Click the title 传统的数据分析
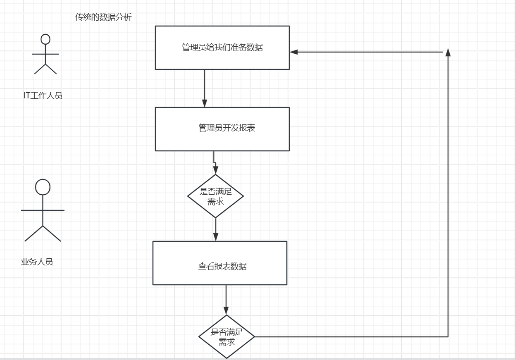click(103, 17)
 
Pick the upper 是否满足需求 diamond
click(215, 196)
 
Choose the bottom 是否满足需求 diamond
click(227, 336)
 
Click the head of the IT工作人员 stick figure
click(45, 39)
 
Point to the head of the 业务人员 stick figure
click(43, 187)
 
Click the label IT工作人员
click(43, 96)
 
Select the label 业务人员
click(37, 262)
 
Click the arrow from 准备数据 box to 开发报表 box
click(205, 88)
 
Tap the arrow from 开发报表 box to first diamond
click(214, 162)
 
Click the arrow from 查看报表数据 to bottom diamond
click(226, 299)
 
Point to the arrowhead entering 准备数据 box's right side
click(294, 52)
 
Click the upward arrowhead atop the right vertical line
click(448, 52)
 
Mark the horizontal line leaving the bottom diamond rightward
click(351, 336)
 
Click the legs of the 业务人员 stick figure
click(43, 234)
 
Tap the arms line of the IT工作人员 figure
click(45, 54)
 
